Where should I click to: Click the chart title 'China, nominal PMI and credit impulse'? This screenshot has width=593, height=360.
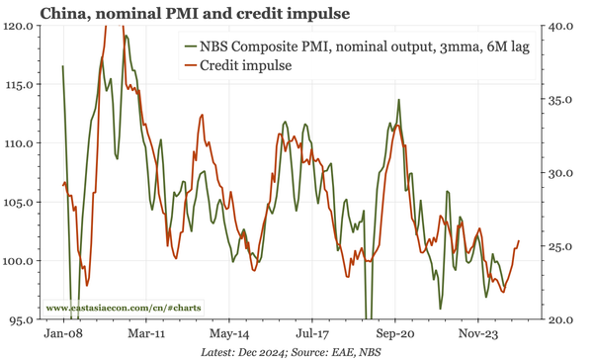pos(178,13)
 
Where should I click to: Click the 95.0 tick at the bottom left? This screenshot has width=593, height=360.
pos(21,320)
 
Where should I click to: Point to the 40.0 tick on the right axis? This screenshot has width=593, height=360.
pos(564,26)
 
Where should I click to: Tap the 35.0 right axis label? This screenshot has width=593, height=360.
pos(564,100)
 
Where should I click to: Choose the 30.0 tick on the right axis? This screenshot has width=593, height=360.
pos(564,173)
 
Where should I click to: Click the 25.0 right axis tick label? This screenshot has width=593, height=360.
pos(564,246)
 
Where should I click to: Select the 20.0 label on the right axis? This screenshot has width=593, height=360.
pos(564,320)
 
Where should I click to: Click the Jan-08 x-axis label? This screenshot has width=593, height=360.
pos(63,335)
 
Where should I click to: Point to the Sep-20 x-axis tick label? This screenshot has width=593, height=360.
pos(394,335)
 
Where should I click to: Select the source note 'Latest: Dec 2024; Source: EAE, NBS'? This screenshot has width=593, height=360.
pos(296,352)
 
